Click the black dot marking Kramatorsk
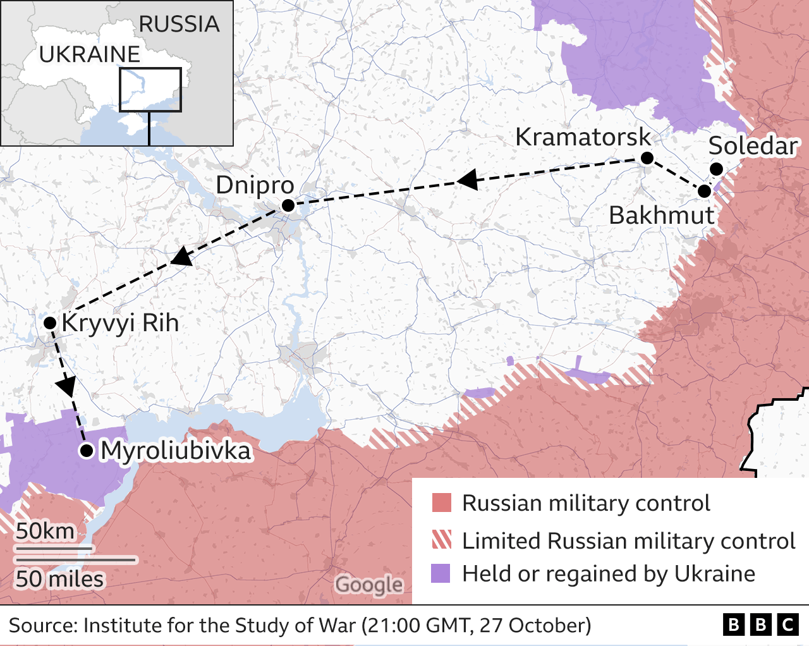click(647, 158)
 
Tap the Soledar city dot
click(716, 169)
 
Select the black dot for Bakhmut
click(705, 191)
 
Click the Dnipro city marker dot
click(288, 205)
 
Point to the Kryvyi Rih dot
click(50, 323)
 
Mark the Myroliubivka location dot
click(87, 451)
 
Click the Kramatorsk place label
click(582, 137)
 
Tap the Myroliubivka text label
click(176, 451)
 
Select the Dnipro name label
click(255, 185)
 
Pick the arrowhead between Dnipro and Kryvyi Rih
click(181, 257)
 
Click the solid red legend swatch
click(441, 503)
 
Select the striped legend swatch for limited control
click(441, 540)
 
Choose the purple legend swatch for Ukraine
click(441, 573)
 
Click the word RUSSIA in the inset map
click(179, 24)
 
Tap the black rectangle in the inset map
click(150, 90)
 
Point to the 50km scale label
click(45, 531)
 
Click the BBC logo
click(760, 625)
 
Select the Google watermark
click(368, 585)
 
